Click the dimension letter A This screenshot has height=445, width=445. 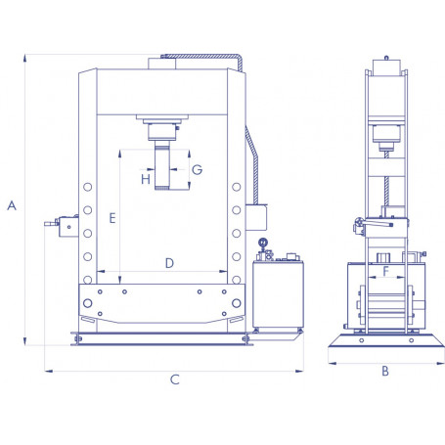12,205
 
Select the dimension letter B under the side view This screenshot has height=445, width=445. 385,371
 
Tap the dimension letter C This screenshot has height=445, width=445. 174,379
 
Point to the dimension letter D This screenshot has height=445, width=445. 168,262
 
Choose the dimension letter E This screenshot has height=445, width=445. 114,218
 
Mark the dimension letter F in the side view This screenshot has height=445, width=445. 385,272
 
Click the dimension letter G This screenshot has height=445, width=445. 197,169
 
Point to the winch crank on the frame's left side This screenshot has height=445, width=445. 59,226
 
